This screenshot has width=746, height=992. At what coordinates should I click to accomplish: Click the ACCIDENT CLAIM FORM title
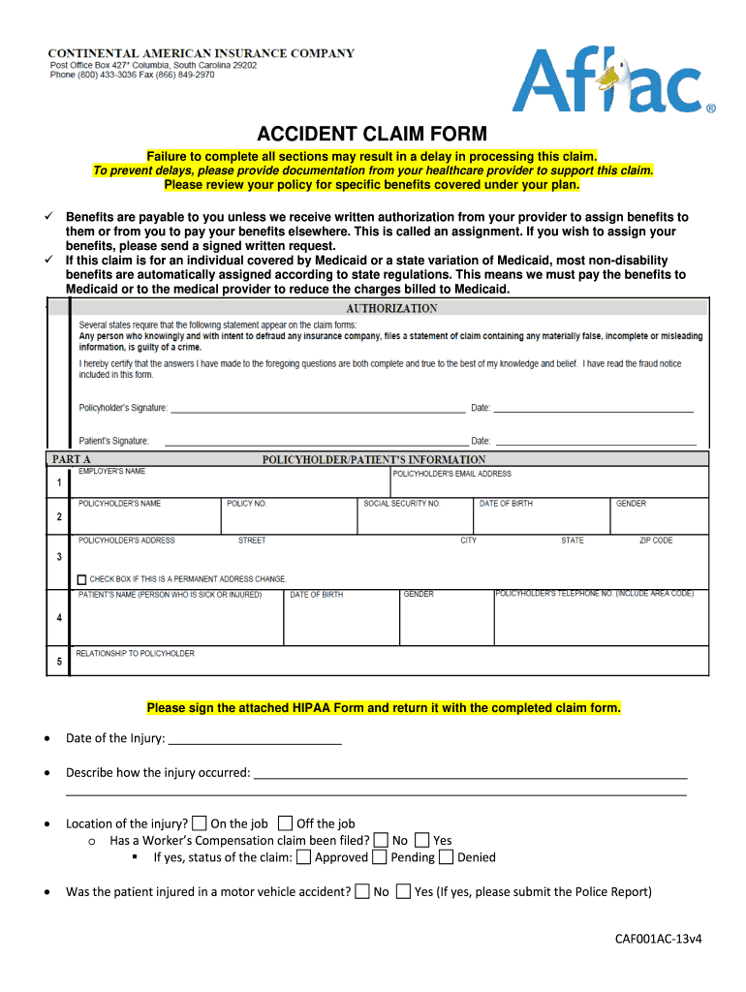(372, 134)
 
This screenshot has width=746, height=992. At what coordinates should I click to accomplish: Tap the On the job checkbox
(200, 823)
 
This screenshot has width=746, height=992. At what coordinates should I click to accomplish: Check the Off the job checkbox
(285, 823)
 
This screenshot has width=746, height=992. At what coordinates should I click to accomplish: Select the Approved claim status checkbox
(304, 857)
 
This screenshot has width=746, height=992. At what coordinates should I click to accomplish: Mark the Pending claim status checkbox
(381, 857)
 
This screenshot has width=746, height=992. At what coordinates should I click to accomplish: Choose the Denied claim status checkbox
(446, 857)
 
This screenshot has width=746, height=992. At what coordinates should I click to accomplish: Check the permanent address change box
(82, 579)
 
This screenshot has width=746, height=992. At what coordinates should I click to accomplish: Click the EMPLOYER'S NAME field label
(111, 472)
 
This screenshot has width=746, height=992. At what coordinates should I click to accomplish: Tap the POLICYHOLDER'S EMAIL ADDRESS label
(452, 474)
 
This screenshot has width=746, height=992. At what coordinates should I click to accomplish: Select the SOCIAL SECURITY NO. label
(402, 504)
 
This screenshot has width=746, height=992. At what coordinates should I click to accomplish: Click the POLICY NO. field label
(247, 504)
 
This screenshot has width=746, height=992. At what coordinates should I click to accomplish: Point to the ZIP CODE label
(656, 541)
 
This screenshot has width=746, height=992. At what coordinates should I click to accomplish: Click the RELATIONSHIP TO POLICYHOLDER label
(136, 654)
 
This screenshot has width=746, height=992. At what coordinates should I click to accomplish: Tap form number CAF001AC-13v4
(659, 938)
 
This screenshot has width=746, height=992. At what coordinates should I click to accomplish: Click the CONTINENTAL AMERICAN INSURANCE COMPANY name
(202, 53)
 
